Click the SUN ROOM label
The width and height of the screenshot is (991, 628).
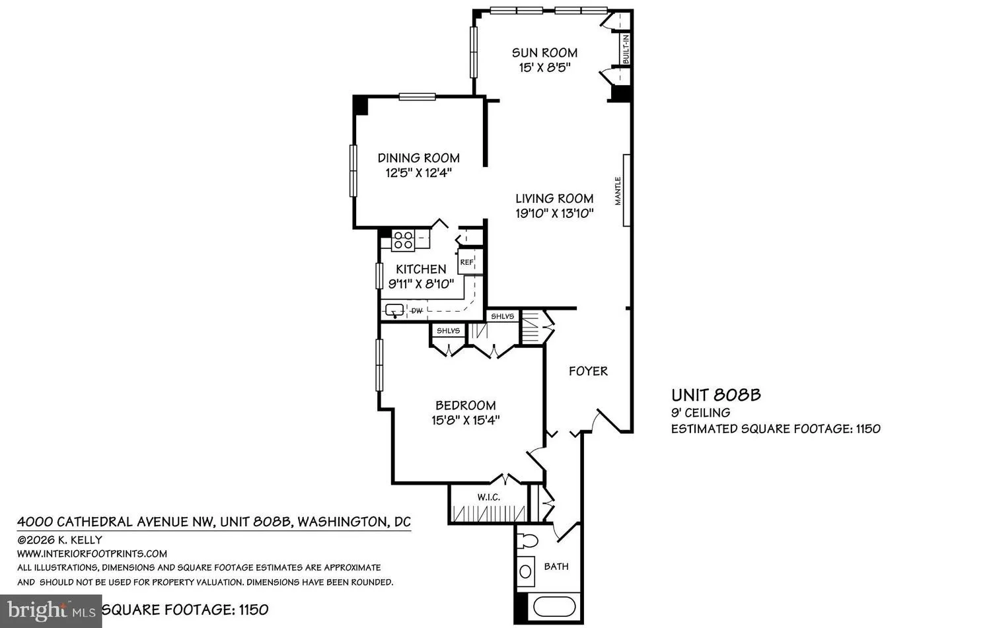click(544, 53)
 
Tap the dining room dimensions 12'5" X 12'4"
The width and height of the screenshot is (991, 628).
click(418, 173)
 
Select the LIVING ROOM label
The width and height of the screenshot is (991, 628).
click(554, 199)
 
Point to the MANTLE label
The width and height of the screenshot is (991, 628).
click(618, 191)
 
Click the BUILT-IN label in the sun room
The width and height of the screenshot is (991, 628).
click(626, 49)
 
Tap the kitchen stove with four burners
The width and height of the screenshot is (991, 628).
click(403, 240)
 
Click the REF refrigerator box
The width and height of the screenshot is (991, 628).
click(466, 262)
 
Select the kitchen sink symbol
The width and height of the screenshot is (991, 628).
click(394, 310)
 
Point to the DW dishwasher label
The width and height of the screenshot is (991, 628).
click(417, 311)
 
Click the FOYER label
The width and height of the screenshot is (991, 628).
click(589, 371)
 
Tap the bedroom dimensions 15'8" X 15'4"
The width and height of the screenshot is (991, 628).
click(465, 420)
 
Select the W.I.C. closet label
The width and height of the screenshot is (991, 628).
click(488, 497)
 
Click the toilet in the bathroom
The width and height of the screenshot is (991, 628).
click(528, 540)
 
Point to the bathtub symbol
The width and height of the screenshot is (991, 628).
click(554, 607)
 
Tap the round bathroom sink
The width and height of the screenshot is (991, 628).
click(526, 571)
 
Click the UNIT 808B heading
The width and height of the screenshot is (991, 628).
click(716, 394)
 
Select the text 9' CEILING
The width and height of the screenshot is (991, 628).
click(701, 413)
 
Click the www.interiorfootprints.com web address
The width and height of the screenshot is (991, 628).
click(92, 553)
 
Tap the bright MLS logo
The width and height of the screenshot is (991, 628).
click(51, 611)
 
